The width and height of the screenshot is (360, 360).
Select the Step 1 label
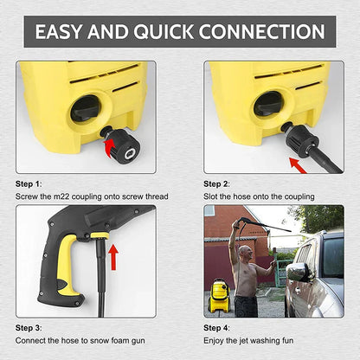(x=29, y=184)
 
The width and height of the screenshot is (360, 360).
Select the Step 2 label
(x=217, y=184)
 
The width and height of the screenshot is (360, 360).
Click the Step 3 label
(x=29, y=329)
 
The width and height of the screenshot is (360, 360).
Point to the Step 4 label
(x=217, y=329)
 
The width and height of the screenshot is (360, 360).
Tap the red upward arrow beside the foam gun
(x=113, y=256)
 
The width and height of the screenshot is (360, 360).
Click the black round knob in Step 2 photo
(x=269, y=105)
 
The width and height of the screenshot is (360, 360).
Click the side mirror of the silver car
(x=297, y=272)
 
